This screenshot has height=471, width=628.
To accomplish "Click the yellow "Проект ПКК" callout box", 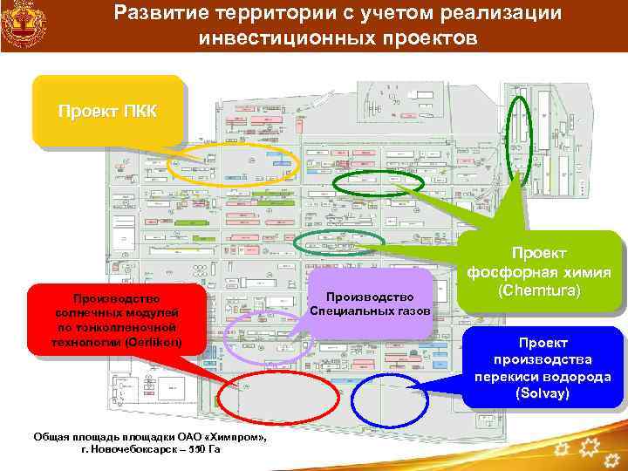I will coord(108,112).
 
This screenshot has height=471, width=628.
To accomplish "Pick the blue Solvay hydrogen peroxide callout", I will coord(543,367).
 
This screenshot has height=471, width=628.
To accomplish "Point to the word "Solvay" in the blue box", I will coord(543,393).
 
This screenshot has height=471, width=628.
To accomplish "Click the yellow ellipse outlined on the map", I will coord(233,163).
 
